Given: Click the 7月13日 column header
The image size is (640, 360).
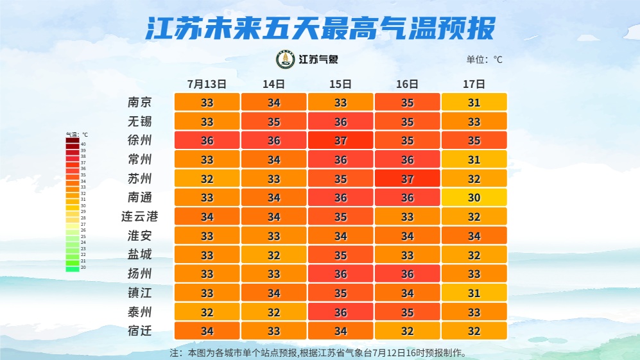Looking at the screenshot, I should coord(207,84).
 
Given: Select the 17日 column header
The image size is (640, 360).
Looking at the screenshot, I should coord(474,84).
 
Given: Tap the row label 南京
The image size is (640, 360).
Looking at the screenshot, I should coord(140,103).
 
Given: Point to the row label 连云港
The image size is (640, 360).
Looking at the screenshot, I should coord(140,217).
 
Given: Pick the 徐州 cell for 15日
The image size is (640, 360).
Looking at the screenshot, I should coord(340,141).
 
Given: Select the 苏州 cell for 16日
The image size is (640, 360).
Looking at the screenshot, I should coord(407,179).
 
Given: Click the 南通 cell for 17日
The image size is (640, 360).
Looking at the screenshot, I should coord(474,198).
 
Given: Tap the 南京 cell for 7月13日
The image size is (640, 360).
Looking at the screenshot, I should coord(207,103).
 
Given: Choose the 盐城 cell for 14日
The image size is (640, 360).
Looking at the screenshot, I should coord(273,255).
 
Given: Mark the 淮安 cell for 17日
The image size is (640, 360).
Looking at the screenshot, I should coord(474,236).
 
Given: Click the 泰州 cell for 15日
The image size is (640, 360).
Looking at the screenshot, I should coord(340,313).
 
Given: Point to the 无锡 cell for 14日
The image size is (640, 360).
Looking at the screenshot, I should coord(273,122).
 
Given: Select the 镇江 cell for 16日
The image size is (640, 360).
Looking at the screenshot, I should coord(407,293).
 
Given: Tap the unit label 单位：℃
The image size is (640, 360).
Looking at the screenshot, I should coord(484,60).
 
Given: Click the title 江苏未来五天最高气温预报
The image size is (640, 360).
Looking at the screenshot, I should coord(320,28).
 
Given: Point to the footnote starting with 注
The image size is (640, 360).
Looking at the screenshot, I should coord(317,353).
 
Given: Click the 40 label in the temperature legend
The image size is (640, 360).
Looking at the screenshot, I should coord(83,144).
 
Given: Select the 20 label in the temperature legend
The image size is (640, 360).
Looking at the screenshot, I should coord(83,268).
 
